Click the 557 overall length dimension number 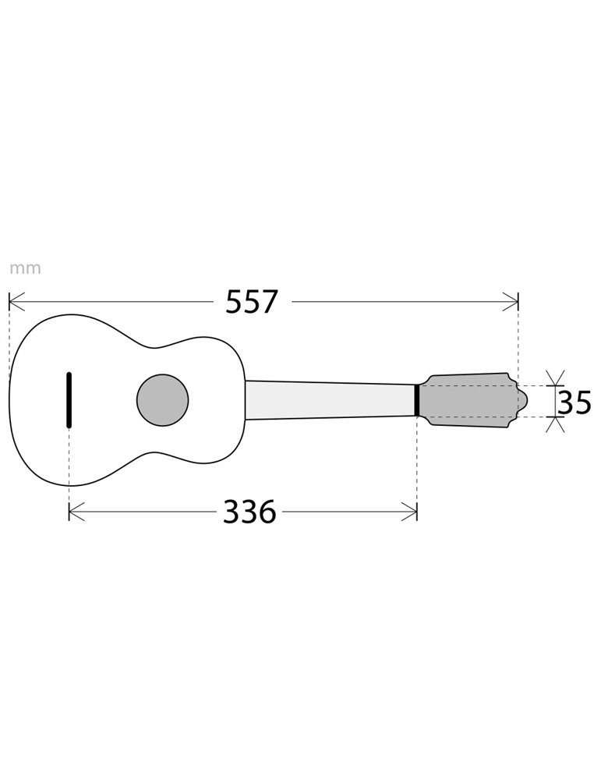pyautogui.click(x=251, y=302)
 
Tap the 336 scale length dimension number pyautogui.click(x=249, y=512)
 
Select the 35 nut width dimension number pyautogui.click(x=574, y=402)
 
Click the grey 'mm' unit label pyautogui.click(x=25, y=269)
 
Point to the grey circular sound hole pyautogui.click(x=162, y=400)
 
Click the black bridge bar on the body pyautogui.click(x=69, y=400)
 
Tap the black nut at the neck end pyautogui.click(x=417, y=400)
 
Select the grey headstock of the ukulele pyautogui.click(x=468, y=400)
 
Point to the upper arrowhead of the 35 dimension pyautogui.click(x=555, y=380)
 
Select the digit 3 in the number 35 pyautogui.click(x=565, y=402)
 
